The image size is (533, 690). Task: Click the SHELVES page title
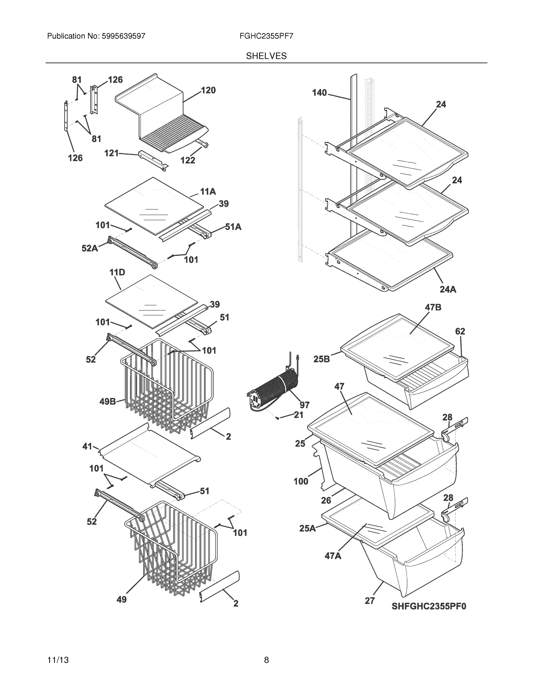point(266,56)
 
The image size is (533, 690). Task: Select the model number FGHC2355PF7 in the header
point(266,36)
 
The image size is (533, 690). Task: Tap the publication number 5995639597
point(123,36)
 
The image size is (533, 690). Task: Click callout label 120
point(208,90)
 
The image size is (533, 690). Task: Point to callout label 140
point(319,93)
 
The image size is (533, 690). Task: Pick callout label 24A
point(448,289)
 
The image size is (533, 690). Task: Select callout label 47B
point(433,307)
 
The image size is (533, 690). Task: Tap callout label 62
point(460,331)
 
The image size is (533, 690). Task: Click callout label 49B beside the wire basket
point(108,402)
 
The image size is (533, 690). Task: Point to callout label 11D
point(117,272)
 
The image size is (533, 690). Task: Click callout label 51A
point(233,227)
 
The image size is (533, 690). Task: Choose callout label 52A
point(89,248)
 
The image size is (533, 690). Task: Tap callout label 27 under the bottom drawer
point(370,601)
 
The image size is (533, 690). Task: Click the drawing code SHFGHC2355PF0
point(429,606)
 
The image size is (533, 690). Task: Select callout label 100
point(301,481)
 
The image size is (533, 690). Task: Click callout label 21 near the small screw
point(298,415)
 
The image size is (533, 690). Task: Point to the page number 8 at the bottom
point(266,660)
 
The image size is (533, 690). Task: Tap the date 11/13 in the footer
point(58,660)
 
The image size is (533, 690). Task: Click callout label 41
point(87,446)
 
